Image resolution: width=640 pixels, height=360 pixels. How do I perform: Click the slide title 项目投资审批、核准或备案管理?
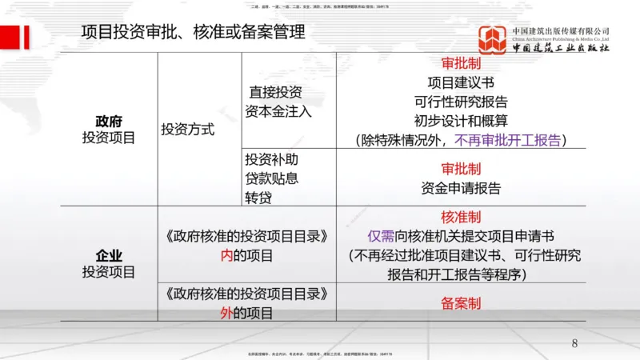(194, 32)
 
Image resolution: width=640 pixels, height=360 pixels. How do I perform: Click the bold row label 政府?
(109, 121)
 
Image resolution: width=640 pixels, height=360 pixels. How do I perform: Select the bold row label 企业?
(109, 256)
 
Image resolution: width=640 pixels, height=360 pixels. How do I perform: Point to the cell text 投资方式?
(187, 130)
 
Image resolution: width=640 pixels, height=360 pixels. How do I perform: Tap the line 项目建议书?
(460, 82)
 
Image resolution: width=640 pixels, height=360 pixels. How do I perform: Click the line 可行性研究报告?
(460, 102)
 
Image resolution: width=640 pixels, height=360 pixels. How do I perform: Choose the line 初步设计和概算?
(460, 121)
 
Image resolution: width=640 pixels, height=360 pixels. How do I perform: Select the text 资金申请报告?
(460, 189)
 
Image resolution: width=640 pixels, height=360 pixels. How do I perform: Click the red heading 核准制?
(460, 218)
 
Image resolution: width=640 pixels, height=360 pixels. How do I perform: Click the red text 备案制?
(460, 304)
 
